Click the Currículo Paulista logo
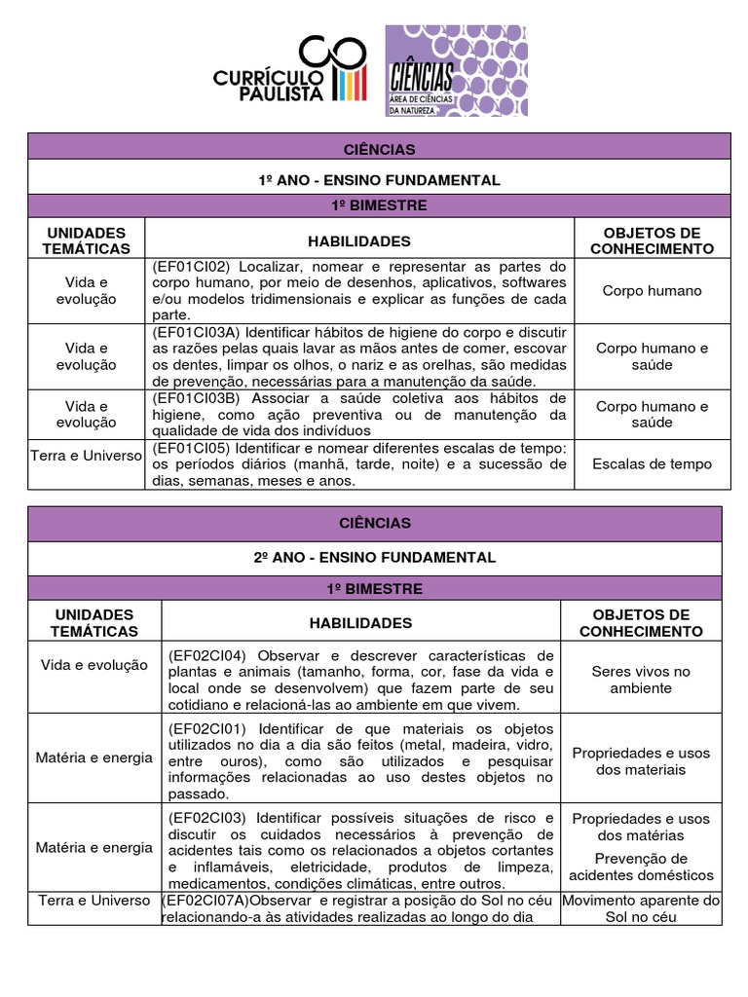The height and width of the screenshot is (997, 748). [290, 70]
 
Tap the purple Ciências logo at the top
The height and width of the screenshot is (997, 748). [456, 71]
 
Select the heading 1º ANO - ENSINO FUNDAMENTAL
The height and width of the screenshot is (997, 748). [378, 180]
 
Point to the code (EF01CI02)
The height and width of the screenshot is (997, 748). [192, 267]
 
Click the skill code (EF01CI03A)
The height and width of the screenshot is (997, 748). [196, 332]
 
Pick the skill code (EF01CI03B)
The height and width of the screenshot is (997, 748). [196, 398]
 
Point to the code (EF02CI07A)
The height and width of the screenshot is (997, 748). [206, 901]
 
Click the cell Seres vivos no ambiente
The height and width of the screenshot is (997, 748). [640, 680]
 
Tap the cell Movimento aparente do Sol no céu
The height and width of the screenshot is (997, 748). [641, 908]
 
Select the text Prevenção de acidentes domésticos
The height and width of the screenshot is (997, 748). [640, 867]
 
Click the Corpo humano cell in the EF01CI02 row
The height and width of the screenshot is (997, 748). [652, 290]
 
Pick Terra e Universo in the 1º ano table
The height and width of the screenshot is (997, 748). [87, 456]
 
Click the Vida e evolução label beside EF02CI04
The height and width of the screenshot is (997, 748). [94, 664]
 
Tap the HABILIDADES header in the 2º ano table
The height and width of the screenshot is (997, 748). [360, 623]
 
